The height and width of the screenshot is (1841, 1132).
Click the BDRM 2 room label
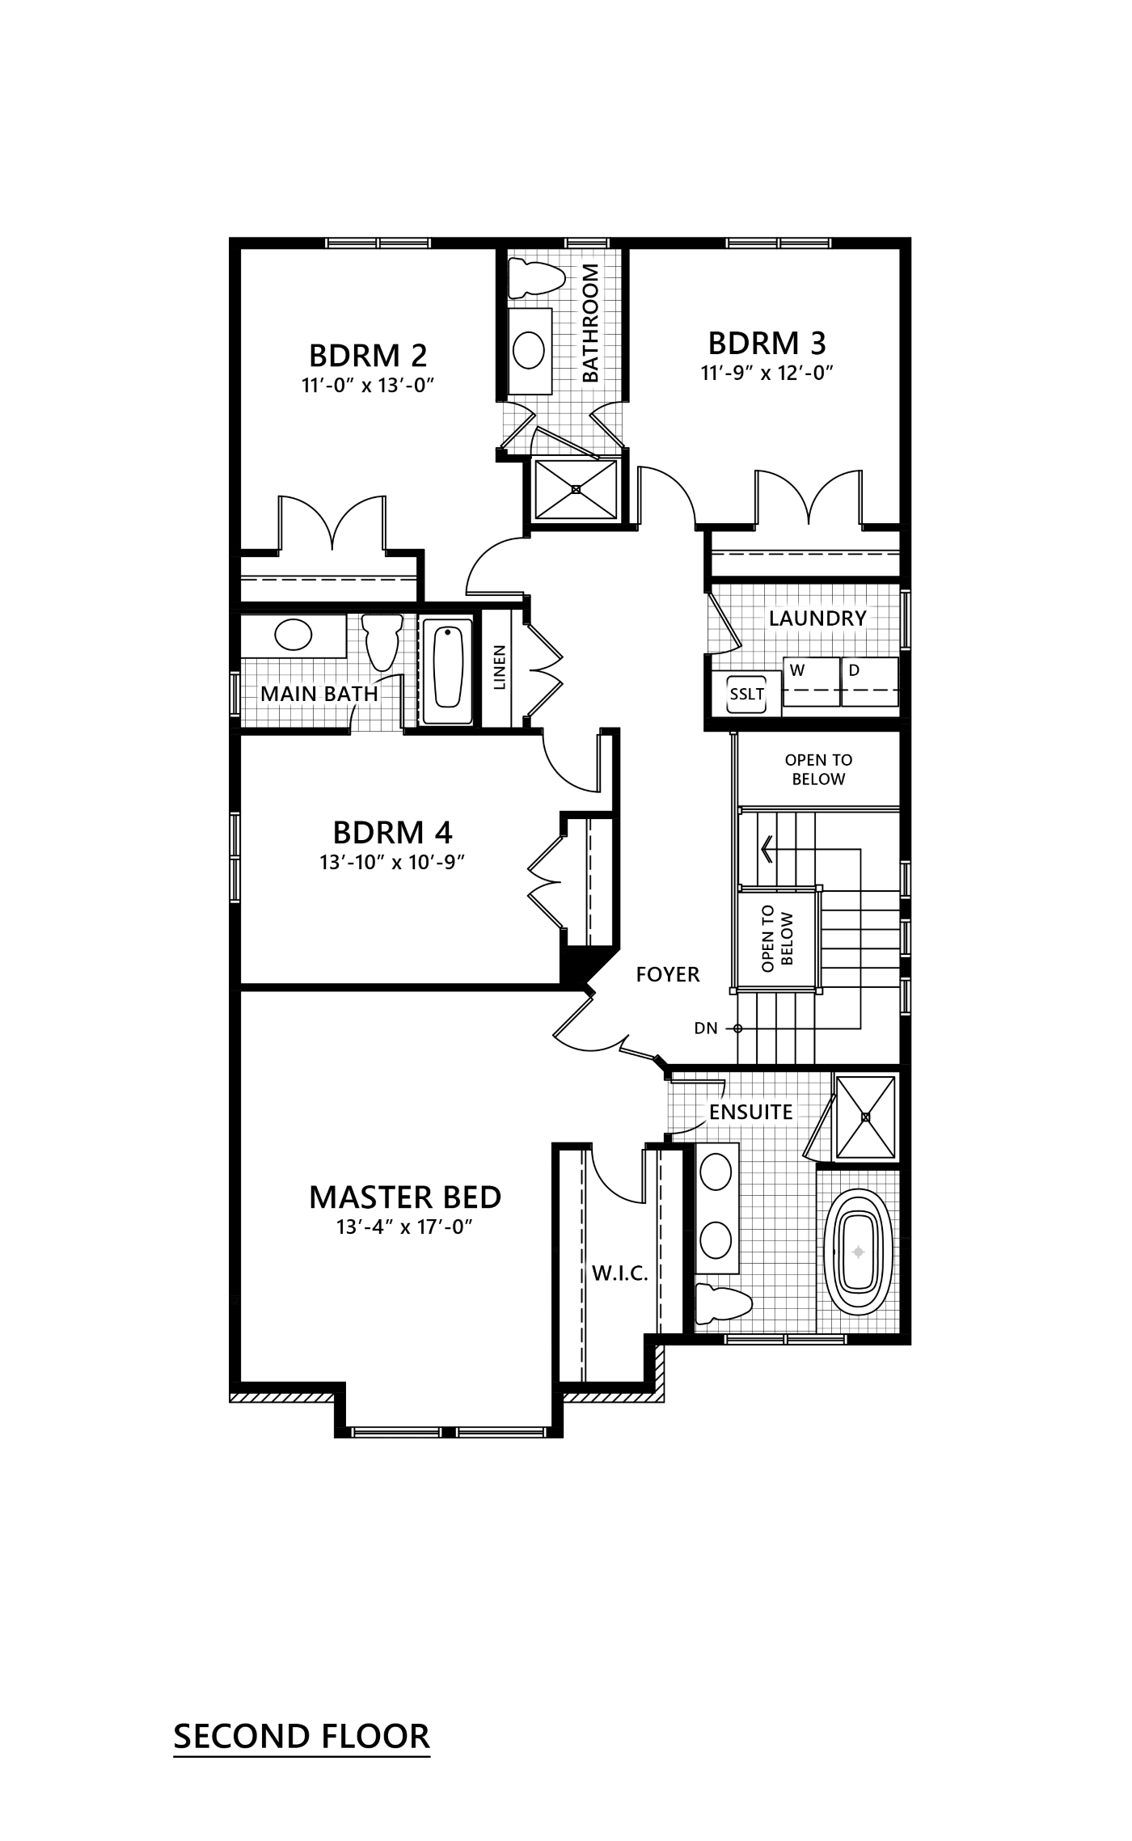point(368,354)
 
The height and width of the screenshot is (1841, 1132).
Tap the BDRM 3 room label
point(767,342)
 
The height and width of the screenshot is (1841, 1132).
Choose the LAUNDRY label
point(817,619)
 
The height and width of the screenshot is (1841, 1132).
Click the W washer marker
point(797,670)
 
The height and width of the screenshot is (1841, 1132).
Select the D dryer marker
point(854,670)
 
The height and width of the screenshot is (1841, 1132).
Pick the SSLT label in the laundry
point(746,694)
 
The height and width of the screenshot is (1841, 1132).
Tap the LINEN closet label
point(499,668)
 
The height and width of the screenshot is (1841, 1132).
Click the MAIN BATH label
point(319,694)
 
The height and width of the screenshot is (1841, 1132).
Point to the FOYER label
point(668,973)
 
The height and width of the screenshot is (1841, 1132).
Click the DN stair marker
point(706,1028)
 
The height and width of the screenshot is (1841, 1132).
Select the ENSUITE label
point(751,1112)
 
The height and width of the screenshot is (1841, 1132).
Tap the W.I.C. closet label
point(620,1274)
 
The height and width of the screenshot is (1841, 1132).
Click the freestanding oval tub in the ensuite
point(860,1253)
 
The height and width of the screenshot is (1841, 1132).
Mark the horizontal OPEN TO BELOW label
point(818,770)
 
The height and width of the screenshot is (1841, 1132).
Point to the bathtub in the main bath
point(450,669)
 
